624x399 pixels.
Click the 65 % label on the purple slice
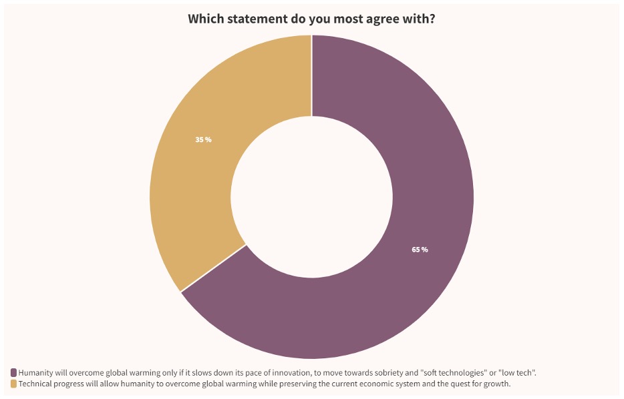coord(420,250)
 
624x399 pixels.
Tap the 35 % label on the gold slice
coord(203,139)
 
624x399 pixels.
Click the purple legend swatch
coord(13,372)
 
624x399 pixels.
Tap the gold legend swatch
coord(13,384)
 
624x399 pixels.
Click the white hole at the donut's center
coord(311,197)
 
